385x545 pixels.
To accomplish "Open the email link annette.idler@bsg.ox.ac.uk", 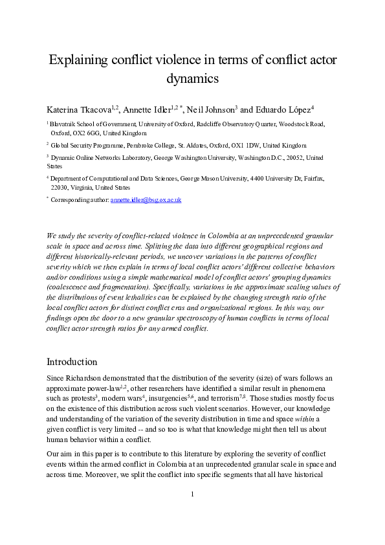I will (146, 200).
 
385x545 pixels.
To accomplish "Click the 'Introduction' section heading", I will (72, 361).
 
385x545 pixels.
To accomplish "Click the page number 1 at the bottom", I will (192, 513).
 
